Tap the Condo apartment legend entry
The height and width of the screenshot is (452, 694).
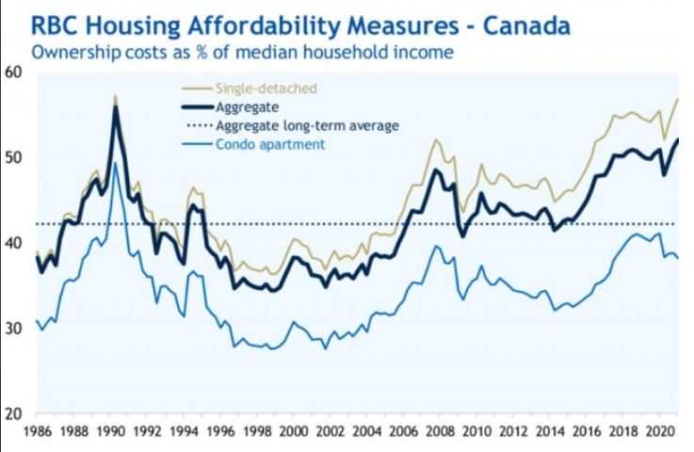[x=270, y=144]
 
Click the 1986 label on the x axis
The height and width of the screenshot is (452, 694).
[x=36, y=436]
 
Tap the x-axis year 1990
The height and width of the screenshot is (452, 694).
[x=109, y=436]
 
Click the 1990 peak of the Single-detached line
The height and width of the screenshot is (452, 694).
[x=115, y=96]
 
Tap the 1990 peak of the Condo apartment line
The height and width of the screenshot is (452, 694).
[x=115, y=163]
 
